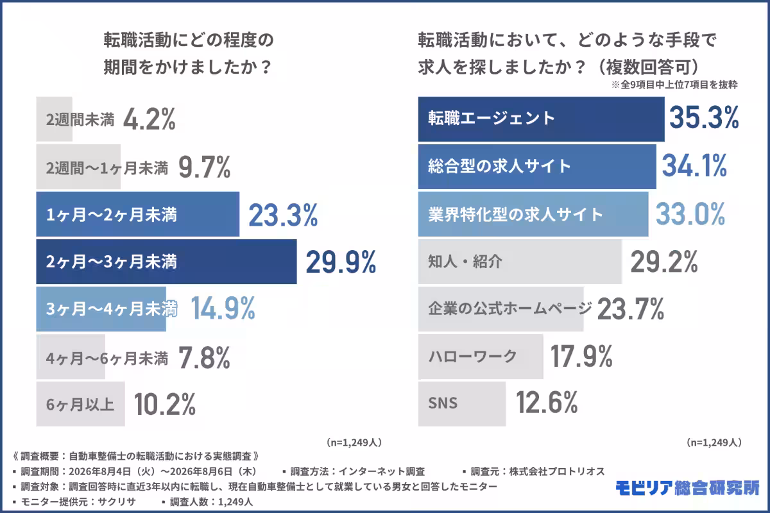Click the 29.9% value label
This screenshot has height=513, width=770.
coord(341,262)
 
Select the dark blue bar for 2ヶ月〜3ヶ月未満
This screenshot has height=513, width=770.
coord(166,262)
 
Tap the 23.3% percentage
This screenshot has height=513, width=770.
coord(283,215)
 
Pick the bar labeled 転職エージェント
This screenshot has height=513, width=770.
coord(541,119)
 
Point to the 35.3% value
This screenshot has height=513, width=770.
coord(704,117)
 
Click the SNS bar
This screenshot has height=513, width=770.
coord(461,404)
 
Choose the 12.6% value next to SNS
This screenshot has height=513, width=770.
coord(547,402)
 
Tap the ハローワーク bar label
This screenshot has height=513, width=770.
coord(472,357)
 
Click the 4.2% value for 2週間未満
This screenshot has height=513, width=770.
coord(149,119)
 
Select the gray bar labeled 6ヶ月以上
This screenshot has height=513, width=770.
coord(80,404)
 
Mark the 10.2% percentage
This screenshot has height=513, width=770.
coord(165,405)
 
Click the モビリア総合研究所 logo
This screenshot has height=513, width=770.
coord(687,488)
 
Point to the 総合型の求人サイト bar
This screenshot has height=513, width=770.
coord(537,167)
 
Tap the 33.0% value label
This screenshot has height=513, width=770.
coord(690,214)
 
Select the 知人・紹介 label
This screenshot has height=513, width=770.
coord(465,262)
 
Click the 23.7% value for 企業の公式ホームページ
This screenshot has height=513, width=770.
coord(630,309)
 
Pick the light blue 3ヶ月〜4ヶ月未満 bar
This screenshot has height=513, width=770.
coord(101,309)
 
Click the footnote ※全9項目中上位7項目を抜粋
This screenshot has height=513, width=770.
coord(674,85)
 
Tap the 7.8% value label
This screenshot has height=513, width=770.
coord(204,358)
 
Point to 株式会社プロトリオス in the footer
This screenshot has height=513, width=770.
coord(557,471)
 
